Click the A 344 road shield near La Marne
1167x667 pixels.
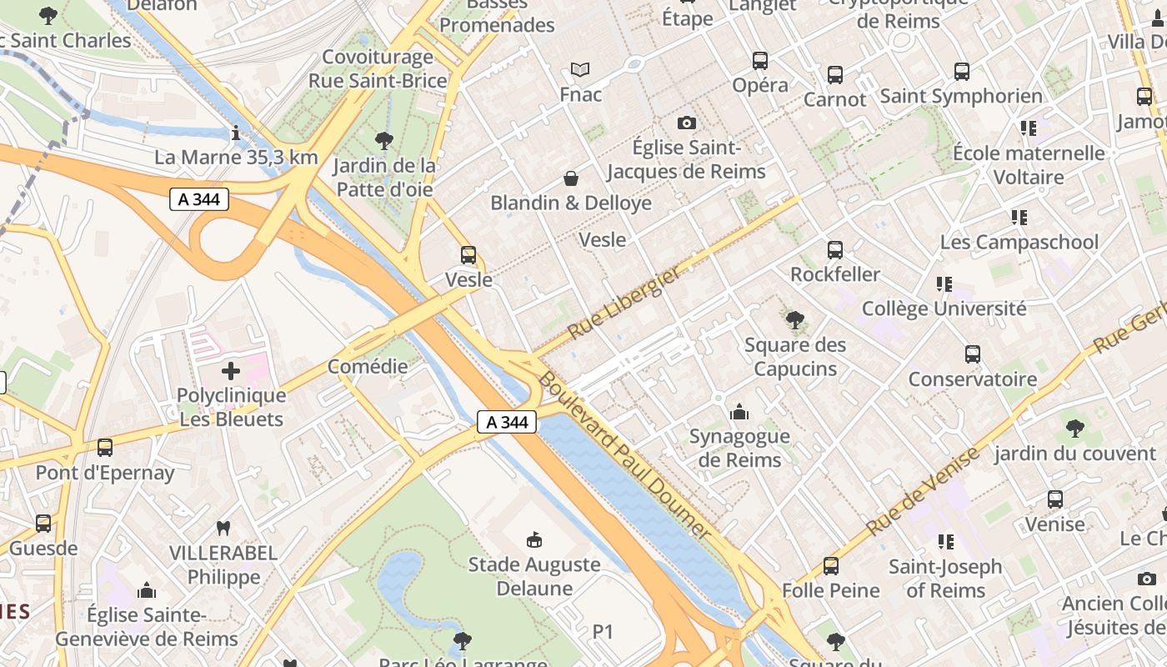199,199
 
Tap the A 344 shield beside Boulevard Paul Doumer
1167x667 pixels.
507,422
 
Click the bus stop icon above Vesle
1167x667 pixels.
468,255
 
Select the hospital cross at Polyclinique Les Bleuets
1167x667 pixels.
231,371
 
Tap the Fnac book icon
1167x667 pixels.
580,70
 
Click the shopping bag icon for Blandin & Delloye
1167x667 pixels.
571,178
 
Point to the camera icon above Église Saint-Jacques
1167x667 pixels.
686,123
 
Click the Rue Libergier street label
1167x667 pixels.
624,303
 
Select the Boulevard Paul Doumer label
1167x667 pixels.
624,455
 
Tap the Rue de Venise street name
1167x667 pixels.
922,492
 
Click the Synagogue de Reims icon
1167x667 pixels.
739,412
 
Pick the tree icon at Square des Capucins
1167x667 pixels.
794,319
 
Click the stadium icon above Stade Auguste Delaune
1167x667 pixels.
534,540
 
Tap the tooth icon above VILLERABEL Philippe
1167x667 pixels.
223,528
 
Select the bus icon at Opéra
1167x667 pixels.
759,61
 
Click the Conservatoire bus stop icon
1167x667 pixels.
972,354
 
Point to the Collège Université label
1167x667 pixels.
944,308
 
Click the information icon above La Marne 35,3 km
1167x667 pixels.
237,133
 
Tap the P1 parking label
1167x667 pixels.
603,632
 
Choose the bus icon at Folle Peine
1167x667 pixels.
830,566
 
